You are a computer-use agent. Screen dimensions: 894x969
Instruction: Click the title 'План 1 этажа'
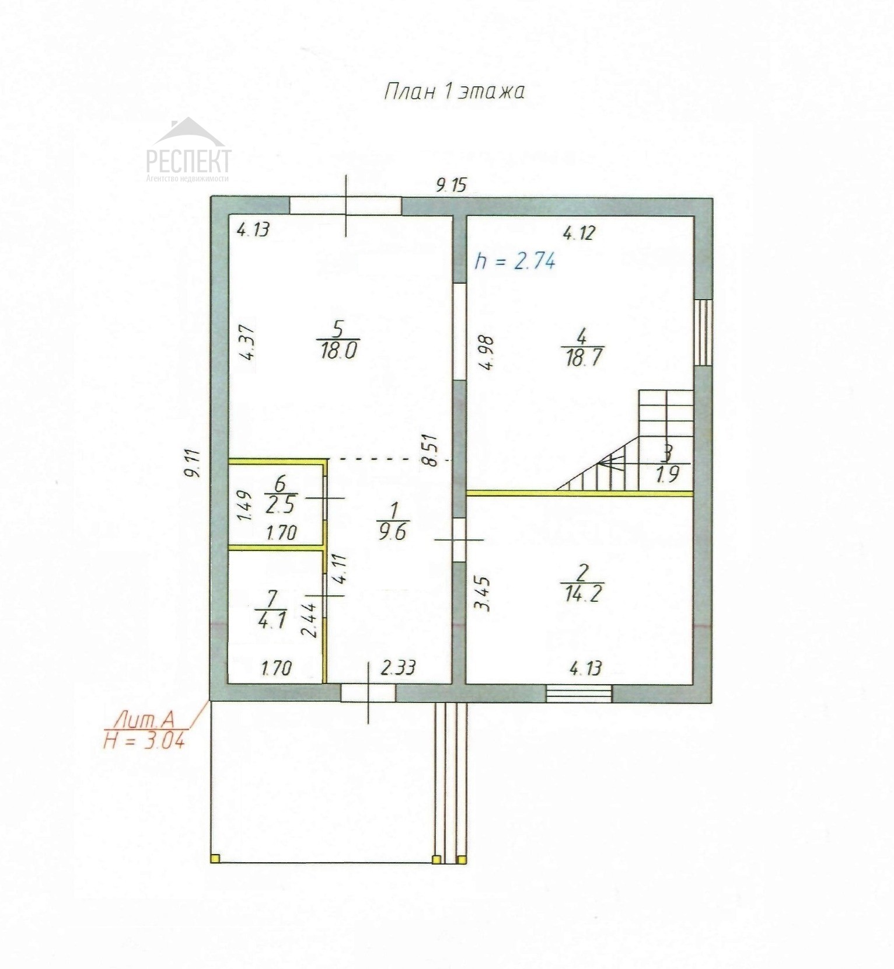(x=453, y=92)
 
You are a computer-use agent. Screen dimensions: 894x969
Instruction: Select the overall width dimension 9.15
(x=452, y=185)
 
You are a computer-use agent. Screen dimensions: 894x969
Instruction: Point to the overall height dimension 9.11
(x=192, y=463)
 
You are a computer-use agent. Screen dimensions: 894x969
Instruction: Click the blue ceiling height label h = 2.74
(x=515, y=260)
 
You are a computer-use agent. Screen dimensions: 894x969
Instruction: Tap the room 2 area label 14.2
(x=584, y=594)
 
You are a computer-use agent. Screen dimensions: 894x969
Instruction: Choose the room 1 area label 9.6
(x=392, y=532)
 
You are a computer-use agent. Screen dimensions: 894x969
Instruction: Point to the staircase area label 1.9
(x=668, y=474)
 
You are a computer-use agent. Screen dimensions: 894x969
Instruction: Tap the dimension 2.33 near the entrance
(x=398, y=667)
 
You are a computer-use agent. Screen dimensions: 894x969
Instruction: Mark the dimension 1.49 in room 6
(x=245, y=506)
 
